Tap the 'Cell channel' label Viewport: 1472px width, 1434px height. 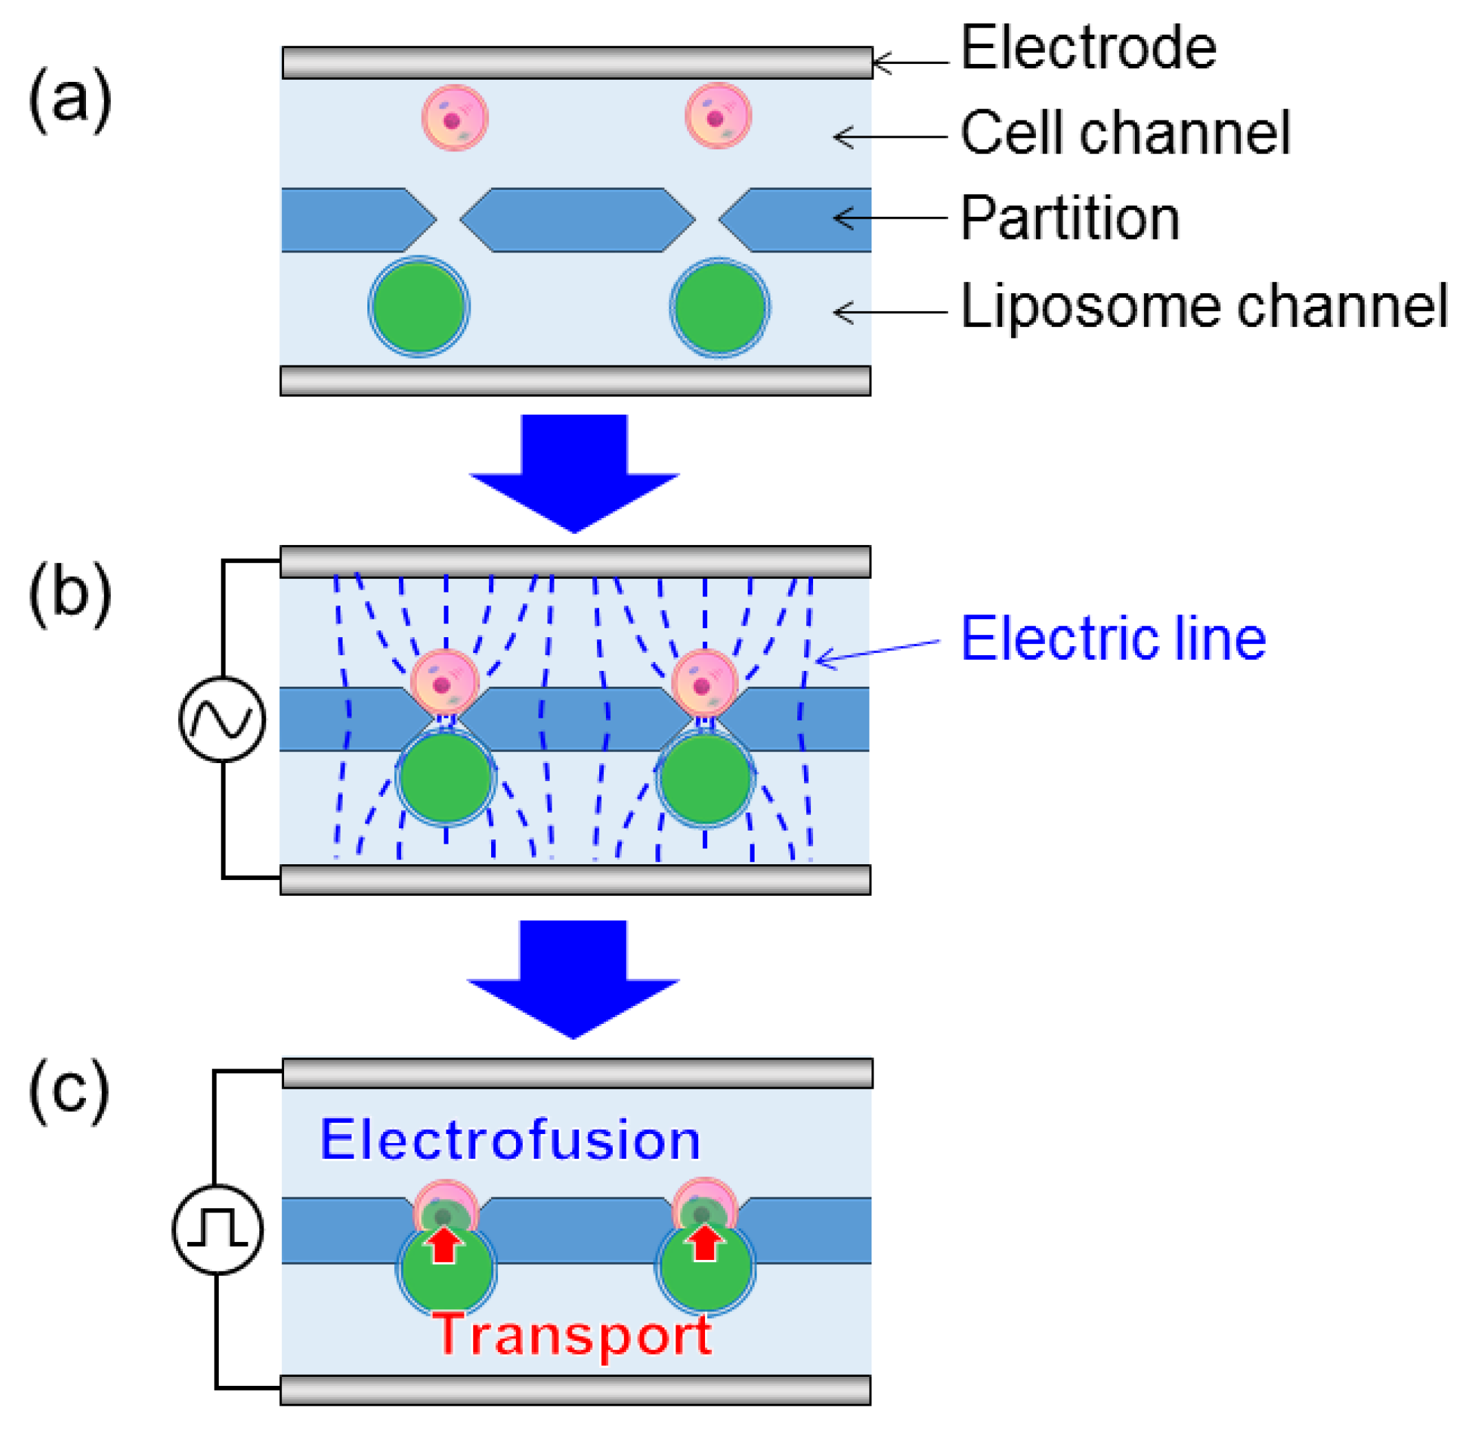1125,133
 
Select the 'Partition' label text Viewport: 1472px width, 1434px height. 1070,217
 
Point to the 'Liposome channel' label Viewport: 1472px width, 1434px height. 1204,306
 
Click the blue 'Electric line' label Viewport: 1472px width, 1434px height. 1114,638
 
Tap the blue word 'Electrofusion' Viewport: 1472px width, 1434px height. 510,1139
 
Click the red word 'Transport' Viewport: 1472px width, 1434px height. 572,1336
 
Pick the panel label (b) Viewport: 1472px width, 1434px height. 70,592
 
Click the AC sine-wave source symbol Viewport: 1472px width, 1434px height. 222,718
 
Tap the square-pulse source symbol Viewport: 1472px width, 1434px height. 217,1229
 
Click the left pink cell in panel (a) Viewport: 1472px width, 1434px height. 455,118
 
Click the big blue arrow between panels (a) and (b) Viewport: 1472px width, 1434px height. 574,473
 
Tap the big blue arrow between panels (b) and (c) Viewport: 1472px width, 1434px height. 573,979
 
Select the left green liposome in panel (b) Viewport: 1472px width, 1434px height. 446,778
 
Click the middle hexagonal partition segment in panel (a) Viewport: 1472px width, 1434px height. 578,220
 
